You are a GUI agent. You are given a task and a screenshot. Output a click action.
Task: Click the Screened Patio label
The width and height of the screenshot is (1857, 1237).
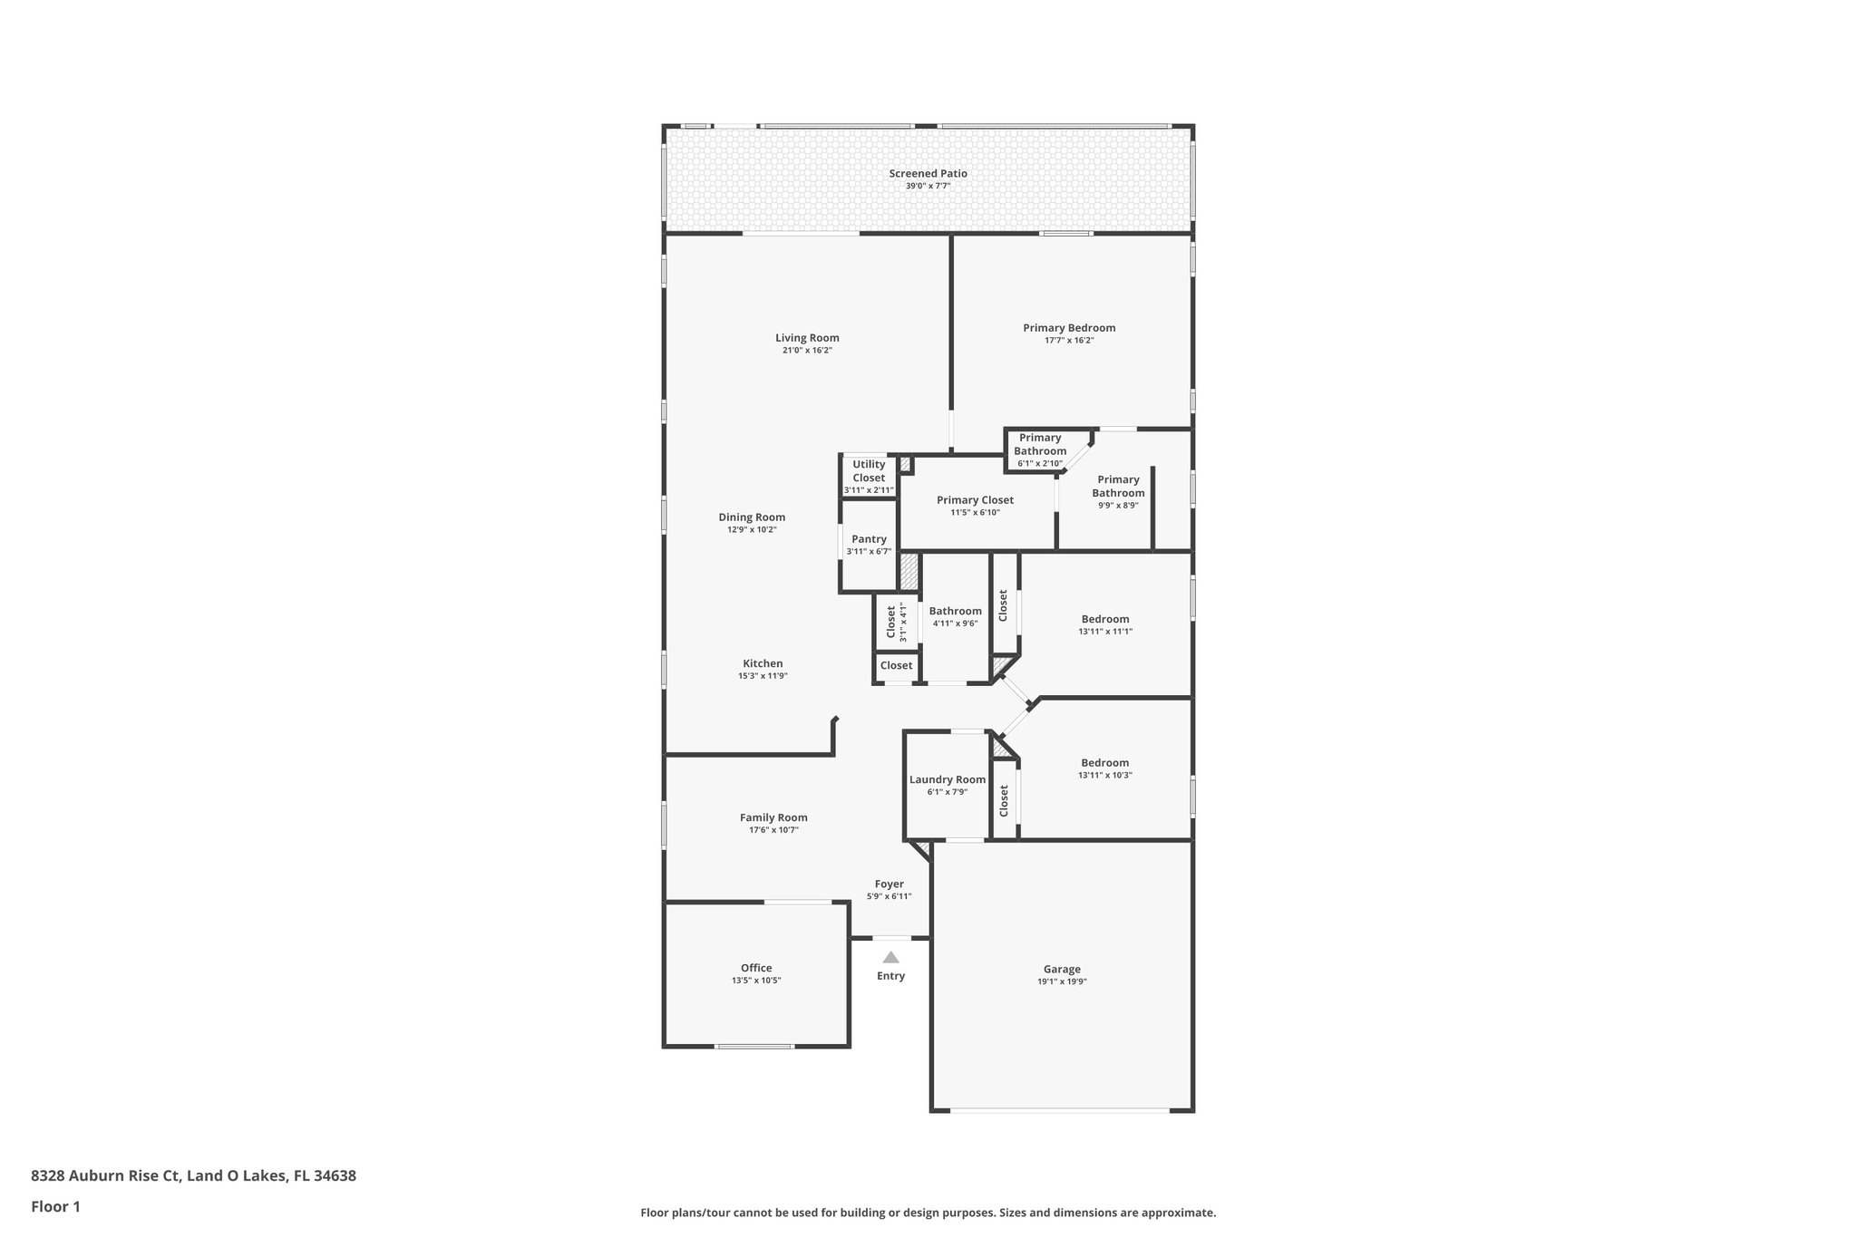coord(928,173)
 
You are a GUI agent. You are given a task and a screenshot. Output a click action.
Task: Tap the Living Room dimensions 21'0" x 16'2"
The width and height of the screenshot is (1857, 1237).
coord(807,350)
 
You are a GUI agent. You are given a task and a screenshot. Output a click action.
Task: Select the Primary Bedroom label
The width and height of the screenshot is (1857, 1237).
coord(1069,328)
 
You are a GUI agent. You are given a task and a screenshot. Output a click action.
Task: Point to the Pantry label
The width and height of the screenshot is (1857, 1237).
coord(869,539)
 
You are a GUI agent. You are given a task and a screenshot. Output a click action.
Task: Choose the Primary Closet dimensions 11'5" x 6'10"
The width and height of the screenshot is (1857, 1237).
coord(975,513)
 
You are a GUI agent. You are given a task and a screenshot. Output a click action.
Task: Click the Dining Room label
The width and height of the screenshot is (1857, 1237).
coord(752,517)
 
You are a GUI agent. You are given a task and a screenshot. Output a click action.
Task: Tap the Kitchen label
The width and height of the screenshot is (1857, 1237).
coord(763,663)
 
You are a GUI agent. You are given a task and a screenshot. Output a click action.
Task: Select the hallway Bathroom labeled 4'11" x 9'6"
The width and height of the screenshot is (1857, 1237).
coord(955,616)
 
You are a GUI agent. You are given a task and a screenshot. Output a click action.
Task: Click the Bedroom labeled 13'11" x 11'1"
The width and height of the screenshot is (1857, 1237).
coord(1105,624)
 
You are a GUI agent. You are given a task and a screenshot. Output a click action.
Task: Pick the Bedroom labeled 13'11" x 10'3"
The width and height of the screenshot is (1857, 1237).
coord(1105,768)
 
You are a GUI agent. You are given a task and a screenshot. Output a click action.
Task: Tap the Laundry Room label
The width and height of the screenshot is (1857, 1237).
coord(948,779)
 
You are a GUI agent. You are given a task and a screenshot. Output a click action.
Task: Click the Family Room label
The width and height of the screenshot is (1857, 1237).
coord(773,817)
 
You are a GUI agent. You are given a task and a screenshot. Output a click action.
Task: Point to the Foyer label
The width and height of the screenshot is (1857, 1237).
coord(889,884)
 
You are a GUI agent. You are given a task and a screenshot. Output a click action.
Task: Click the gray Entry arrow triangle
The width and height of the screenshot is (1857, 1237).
coord(891,957)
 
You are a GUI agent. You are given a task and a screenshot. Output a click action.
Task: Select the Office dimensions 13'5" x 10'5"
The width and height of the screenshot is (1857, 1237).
coord(756,981)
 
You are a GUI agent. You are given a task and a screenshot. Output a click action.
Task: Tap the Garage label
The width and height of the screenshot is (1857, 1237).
coord(1062,969)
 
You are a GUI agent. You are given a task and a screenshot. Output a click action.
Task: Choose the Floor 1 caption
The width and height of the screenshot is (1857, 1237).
coord(56,1206)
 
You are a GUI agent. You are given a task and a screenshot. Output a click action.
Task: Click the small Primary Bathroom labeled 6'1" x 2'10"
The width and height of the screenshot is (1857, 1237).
coord(1040,450)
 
